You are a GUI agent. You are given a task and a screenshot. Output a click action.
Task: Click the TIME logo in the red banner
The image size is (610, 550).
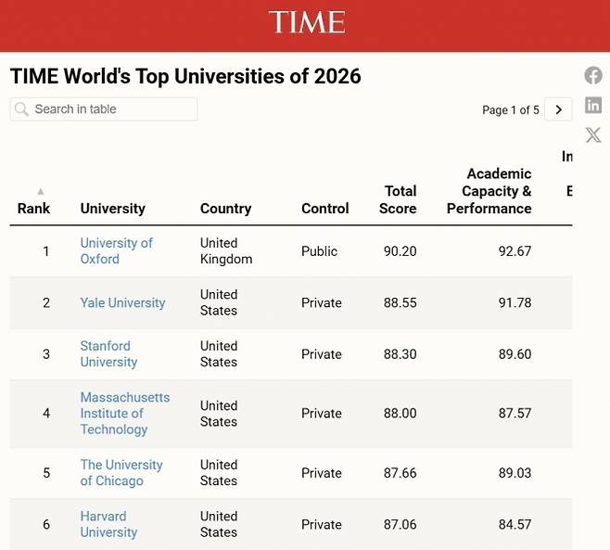(x=307, y=22)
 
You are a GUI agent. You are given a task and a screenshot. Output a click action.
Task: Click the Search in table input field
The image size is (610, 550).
(x=104, y=109)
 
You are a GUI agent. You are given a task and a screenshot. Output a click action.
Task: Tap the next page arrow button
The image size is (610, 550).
(x=558, y=109)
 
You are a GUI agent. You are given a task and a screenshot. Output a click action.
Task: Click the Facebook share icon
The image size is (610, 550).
(x=593, y=76)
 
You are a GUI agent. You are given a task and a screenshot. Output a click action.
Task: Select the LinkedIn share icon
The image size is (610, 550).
(x=593, y=105)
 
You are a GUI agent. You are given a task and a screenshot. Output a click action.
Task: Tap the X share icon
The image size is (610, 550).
(x=593, y=135)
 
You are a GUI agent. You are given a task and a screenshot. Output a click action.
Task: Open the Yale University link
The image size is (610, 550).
(x=122, y=302)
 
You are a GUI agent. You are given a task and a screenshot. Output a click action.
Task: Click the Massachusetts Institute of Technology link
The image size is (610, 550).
(x=124, y=413)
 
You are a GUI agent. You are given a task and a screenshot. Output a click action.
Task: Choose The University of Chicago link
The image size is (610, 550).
(x=121, y=472)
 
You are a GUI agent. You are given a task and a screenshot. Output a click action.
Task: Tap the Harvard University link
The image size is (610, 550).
(x=108, y=524)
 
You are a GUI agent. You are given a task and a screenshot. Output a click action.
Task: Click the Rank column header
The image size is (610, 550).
(x=34, y=208)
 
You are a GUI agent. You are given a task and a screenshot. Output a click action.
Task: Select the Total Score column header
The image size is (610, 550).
(x=399, y=199)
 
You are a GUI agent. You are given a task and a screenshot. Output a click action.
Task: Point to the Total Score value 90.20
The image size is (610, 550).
(x=400, y=251)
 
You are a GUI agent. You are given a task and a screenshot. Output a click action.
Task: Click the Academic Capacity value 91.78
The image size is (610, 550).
(x=515, y=302)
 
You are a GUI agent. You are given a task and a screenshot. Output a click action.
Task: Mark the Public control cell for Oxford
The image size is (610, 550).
(x=320, y=251)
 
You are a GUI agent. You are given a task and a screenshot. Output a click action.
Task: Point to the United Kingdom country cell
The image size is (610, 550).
(x=225, y=250)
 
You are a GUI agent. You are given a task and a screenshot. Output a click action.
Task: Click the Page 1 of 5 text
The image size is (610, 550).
(x=510, y=110)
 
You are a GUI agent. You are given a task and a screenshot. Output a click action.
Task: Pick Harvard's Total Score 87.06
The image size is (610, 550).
(x=400, y=524)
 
